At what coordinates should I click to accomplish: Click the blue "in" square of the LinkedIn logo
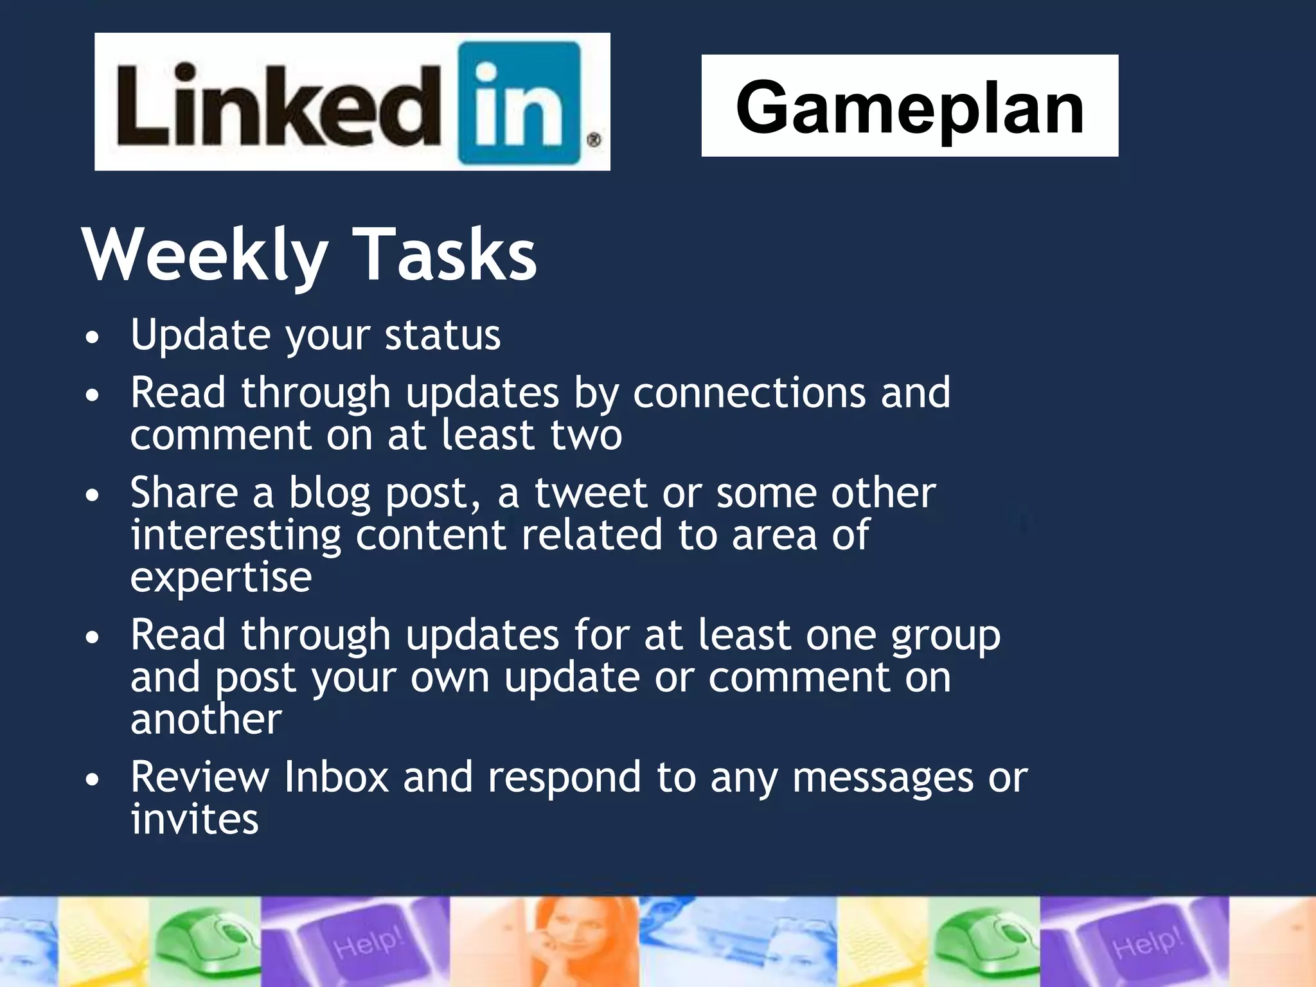tap(519, 103)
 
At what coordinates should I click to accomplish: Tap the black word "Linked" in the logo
tap(278, 104)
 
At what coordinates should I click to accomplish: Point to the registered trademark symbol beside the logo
tap(594, 139)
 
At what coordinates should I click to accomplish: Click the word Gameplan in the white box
tap(909, 107)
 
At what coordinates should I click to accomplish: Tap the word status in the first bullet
tap(442, 335)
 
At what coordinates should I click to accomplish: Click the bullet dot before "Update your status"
tap(93, 337)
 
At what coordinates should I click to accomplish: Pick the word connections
tap(749, 393)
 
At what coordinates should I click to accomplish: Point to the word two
tap(586, 435)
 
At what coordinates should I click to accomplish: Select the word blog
tap(329, 493)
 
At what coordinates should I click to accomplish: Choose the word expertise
tap(221, 578)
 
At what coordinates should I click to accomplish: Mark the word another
tap(206, 719)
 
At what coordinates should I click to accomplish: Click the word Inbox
tap(336, 777)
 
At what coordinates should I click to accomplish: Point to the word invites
tap(195, 819)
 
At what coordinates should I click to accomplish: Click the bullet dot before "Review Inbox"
tap(93, 779)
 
